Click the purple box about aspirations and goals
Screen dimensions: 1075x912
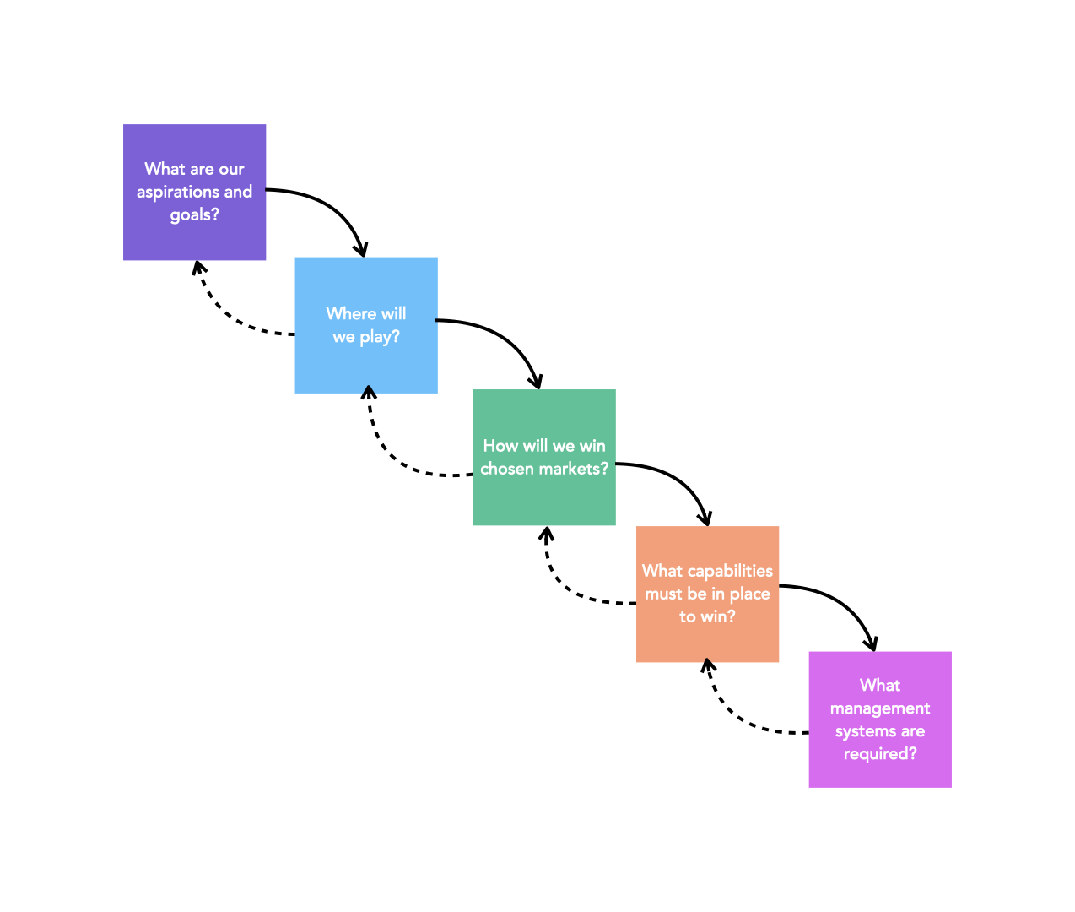(195, 192)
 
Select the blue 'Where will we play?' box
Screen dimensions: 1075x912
(366, 325)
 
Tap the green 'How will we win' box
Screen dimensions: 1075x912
(544, 458)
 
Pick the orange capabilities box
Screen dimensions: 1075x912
(707, 594)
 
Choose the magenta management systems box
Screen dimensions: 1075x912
(880, 720)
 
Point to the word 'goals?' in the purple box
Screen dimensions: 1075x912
(195, 215)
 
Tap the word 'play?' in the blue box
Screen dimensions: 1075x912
(381, 337)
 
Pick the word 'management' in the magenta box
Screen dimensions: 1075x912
(880, 708)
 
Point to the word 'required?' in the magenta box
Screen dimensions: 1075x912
(880, 754)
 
